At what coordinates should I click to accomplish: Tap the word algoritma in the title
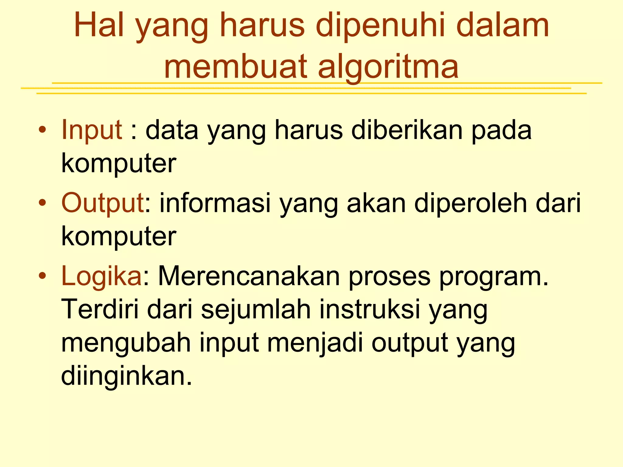388,67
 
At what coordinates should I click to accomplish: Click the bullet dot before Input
43,130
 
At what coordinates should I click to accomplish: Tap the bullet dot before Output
43,203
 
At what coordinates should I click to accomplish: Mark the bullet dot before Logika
43,276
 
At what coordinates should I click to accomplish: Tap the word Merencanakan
249,276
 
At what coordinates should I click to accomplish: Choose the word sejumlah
256,310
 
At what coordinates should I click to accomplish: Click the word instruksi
370,310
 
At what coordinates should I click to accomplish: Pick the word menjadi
315,343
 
